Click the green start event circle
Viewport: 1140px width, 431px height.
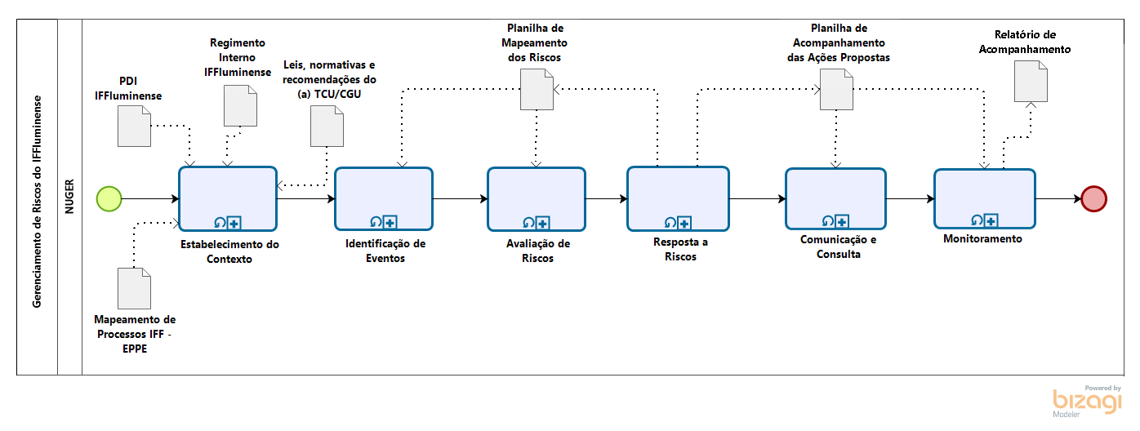coord(109,198)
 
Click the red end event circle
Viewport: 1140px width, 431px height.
coord(1093,198)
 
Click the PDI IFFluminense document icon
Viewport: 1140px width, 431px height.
coord(134,127)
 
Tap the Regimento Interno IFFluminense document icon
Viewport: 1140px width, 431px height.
coord(241,105)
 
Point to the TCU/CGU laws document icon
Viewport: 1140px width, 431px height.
coord(327,127)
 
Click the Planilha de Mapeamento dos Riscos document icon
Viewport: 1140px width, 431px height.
coord(537,88)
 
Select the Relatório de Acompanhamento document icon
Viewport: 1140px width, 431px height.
coord(1031,82)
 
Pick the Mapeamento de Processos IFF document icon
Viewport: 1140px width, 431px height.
coord(134,287)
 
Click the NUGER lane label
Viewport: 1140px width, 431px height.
coord(69,196)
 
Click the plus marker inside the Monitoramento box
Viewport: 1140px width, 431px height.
coord(991,220)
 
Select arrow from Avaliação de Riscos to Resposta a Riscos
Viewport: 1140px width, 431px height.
coord(606,198)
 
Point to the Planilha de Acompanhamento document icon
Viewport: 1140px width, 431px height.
coord(836,88)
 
